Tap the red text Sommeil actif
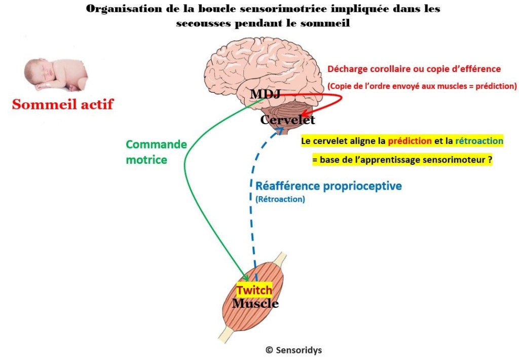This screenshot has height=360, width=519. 63,104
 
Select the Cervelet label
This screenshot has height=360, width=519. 287,120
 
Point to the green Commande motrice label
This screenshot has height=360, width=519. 156,152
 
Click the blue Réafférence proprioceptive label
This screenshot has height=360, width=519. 328,186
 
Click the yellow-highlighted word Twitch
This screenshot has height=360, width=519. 254,291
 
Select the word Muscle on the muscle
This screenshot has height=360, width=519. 255,304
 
